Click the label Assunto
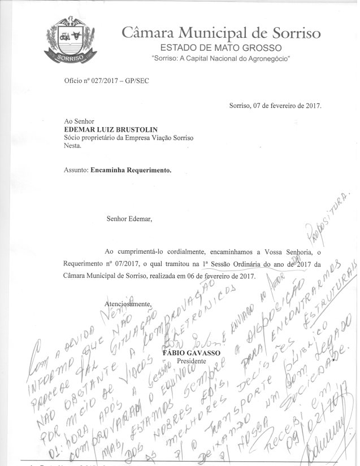(x=77, y=169)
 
